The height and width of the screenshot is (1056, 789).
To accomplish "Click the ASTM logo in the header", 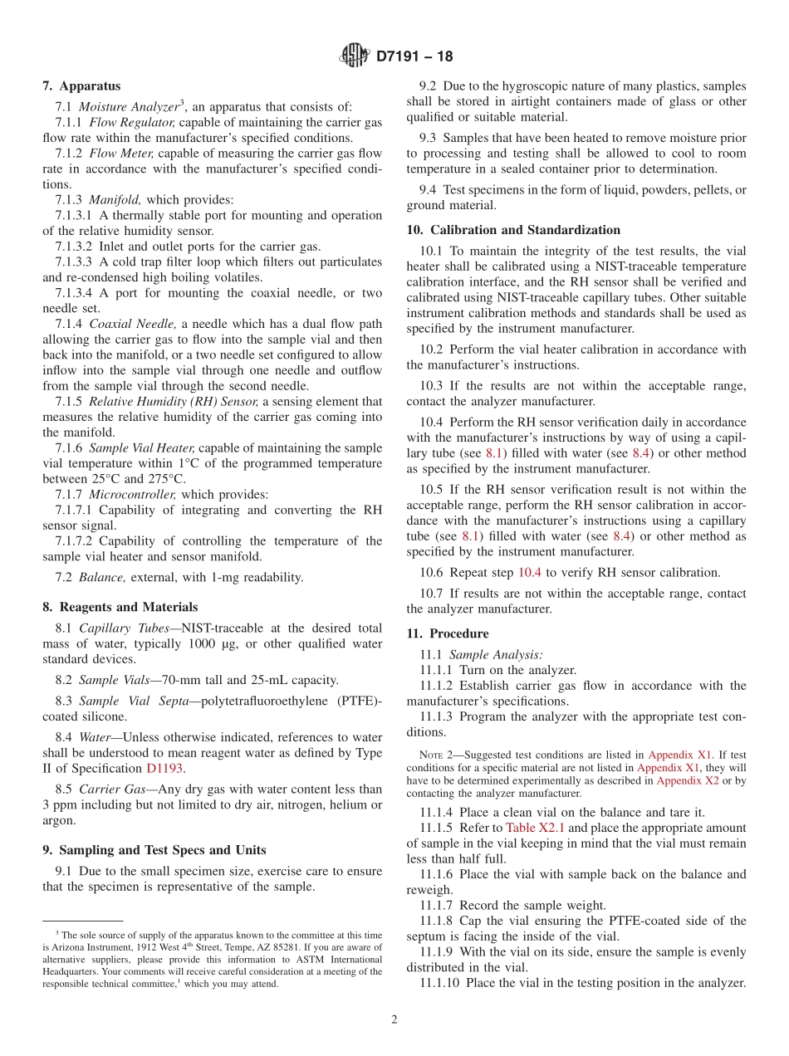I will (x=355, y=56).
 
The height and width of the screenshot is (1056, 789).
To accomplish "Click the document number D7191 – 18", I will (x=414, y=57).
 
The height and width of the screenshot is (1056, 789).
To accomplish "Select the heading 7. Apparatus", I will (x=81, y=86).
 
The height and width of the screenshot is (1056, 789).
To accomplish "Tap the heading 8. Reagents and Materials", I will (x=120, y=607).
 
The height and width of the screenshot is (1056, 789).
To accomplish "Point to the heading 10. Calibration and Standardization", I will (x=513, y=230).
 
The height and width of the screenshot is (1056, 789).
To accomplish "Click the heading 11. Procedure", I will (x=448, y=633).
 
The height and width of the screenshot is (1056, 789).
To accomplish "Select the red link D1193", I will (x=164, y=769).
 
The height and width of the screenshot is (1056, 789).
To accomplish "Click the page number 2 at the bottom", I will (x=394, y=1019).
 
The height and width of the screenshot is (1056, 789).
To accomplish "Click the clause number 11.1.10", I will (x=439, y=983).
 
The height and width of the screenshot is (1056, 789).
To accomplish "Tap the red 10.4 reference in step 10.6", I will (x=530, y=573).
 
